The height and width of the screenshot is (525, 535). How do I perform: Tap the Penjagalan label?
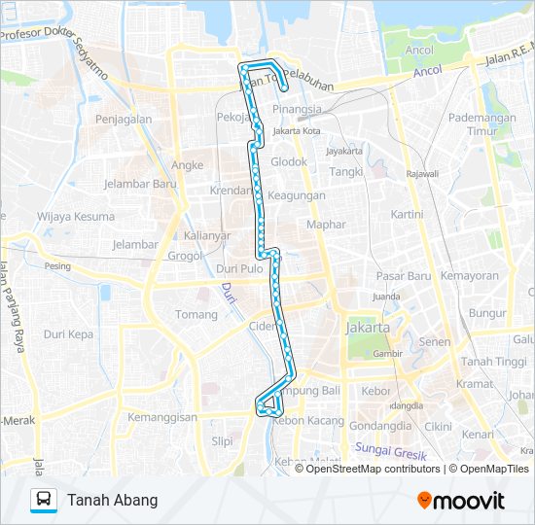124,120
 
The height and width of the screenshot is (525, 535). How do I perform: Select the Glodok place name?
289,162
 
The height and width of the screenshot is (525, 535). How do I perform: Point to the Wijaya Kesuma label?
75,217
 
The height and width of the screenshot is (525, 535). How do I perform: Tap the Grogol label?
184,257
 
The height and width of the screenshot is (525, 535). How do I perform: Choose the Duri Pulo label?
239,268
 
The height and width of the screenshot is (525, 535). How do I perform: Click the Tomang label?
196,315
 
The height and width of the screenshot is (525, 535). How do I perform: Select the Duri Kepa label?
68,333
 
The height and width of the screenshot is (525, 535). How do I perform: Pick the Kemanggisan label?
162,417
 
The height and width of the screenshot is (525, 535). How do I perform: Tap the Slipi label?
222,440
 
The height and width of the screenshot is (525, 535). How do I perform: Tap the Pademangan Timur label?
481,122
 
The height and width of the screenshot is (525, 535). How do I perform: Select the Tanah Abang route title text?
112,501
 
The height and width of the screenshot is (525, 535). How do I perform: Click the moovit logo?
460,501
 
